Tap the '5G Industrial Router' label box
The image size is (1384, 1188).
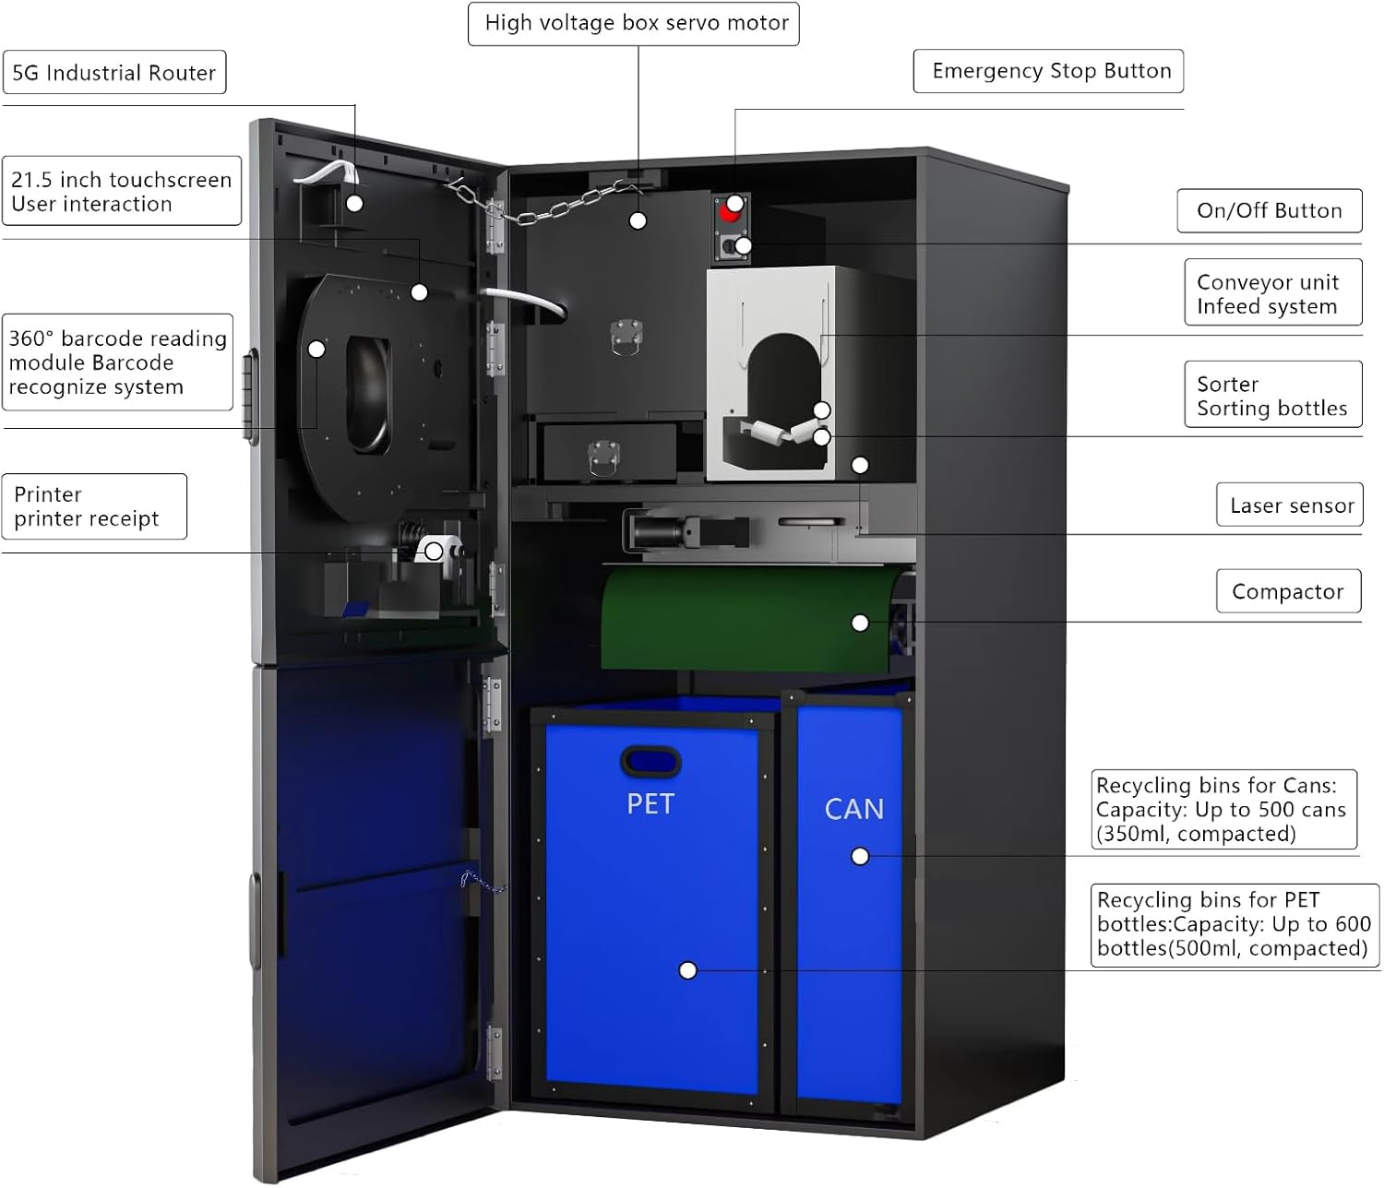114,73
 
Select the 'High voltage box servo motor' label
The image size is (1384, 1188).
635,23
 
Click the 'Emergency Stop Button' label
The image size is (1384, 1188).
1049,71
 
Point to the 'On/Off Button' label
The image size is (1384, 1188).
1269,210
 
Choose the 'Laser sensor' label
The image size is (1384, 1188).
1290,505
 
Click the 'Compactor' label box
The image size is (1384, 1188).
1287,591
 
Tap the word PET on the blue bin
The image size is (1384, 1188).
650,804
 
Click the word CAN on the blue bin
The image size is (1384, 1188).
854,809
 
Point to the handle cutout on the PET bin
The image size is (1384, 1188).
650,762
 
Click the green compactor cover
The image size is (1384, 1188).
738,618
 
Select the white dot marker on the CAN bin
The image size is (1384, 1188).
860,857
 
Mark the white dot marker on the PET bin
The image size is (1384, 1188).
687,970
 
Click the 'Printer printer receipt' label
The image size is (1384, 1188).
94,506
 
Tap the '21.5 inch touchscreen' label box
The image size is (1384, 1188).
121,191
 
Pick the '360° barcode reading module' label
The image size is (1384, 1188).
117,362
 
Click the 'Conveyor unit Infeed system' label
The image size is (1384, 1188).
1272,293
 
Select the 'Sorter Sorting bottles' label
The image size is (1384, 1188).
1272,395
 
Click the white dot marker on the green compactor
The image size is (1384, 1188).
860,624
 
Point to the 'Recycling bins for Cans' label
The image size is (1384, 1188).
1223,809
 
